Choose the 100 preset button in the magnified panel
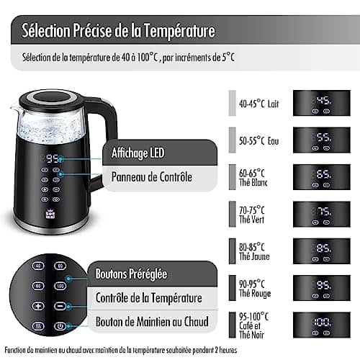pyautogui.click(x=59, y=285)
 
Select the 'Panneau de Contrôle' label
pyautogui.click(x=151, y=176)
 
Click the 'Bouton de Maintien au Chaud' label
pyautogui.click(x=153, y=321)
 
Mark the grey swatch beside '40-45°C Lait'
pyautogui.click(x=232, y=102)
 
